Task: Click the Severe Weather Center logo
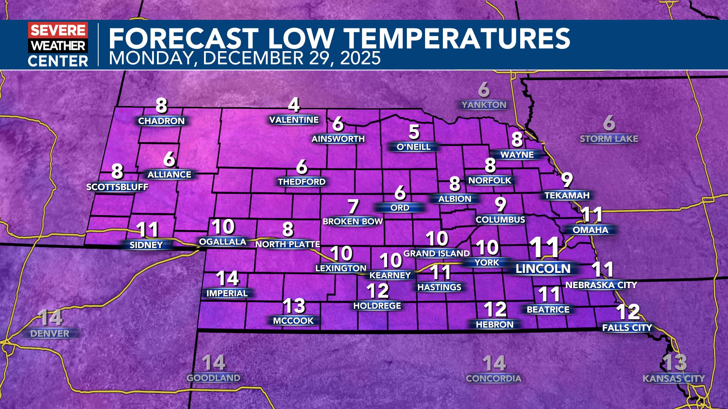click(58, 45)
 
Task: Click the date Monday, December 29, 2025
click(245, 58)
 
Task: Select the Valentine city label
click(294, 120)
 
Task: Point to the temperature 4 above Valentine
click(294, 105)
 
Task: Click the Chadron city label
click(162, 121)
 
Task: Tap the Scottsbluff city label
click(117, 187)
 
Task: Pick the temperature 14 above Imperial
click(227, 278)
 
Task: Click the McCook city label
click(293, 321)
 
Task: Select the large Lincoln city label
click(543, 269)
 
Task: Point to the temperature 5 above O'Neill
click(414, 132)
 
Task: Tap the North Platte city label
click(288, 245)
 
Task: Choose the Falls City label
click(627, 328)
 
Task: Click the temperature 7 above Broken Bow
click(353, 207)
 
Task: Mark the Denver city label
click(50, 334)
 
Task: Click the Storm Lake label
click(609, 139)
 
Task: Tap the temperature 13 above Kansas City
click(675, 362)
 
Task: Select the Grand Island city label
click(437, 253)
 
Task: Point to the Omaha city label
click(590, 230)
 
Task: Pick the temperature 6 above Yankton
click(484, 90)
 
